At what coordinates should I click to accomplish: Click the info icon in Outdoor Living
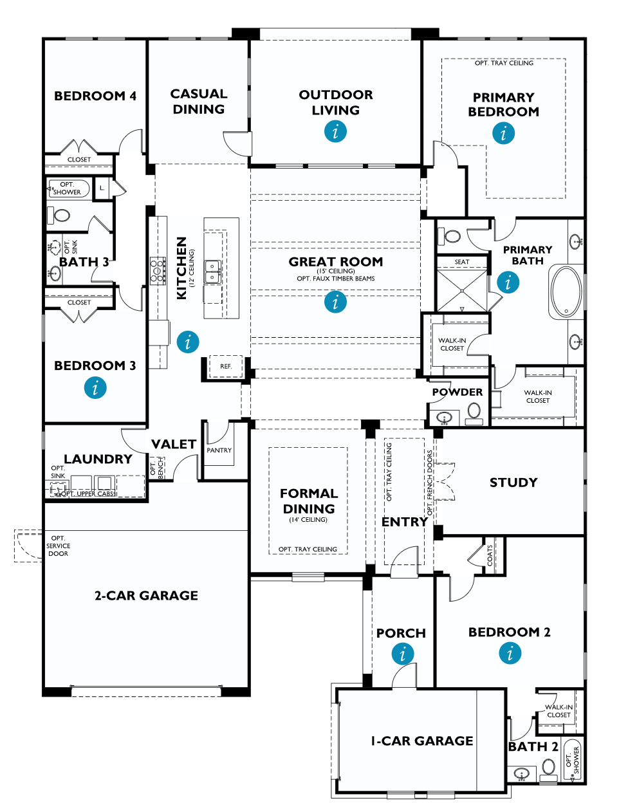coord(335,132)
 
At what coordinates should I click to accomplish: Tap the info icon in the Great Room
coord(335,302)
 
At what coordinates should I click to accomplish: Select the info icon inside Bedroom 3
coord(95,388)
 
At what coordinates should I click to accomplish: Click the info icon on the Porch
coord(402,654)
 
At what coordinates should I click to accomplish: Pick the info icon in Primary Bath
coord(508,282)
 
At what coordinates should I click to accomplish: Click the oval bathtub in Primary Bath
coord(566,292)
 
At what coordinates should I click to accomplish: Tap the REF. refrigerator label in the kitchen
coord(225,366)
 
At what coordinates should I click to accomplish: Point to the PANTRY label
coord(219,450)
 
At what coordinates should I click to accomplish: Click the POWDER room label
coord(457,392)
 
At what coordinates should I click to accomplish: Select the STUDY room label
coord(513,483)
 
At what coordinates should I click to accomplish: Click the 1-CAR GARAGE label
coord(421,741)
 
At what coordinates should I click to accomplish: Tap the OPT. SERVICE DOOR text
coord(58,546)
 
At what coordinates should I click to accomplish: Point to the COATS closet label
coord(490,555)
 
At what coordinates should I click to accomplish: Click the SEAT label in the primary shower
coord(461,262)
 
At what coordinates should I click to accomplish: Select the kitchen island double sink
coord(212,272)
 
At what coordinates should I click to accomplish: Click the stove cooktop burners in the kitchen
coord(158,271)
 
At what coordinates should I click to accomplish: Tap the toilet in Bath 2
coord(548,767)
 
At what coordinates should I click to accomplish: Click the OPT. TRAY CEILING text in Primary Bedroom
coord(504,63)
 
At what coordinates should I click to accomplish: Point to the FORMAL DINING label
coord(308,501)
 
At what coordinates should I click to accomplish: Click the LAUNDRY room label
coord(98,459)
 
